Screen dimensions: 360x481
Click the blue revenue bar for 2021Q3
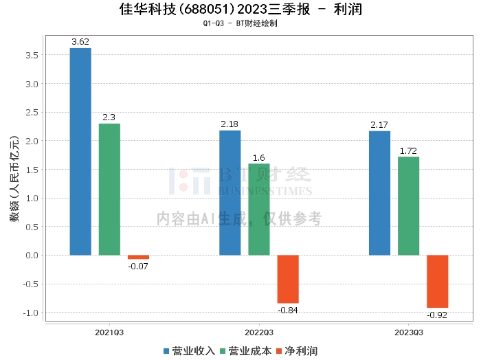80,151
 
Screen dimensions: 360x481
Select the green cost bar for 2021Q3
109,189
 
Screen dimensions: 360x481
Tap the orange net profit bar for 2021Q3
138,257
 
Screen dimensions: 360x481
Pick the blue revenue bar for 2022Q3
230,192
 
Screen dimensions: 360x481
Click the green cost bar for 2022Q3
259,209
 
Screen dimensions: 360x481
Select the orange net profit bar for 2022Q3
288,279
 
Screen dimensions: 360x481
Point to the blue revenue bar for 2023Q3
379,192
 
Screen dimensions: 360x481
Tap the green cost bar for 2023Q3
408,205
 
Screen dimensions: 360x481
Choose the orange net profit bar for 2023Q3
437,281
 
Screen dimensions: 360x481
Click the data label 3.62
80,42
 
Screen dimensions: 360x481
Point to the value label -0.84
288,310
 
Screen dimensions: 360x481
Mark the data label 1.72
408,150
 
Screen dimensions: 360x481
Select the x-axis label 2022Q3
259,332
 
